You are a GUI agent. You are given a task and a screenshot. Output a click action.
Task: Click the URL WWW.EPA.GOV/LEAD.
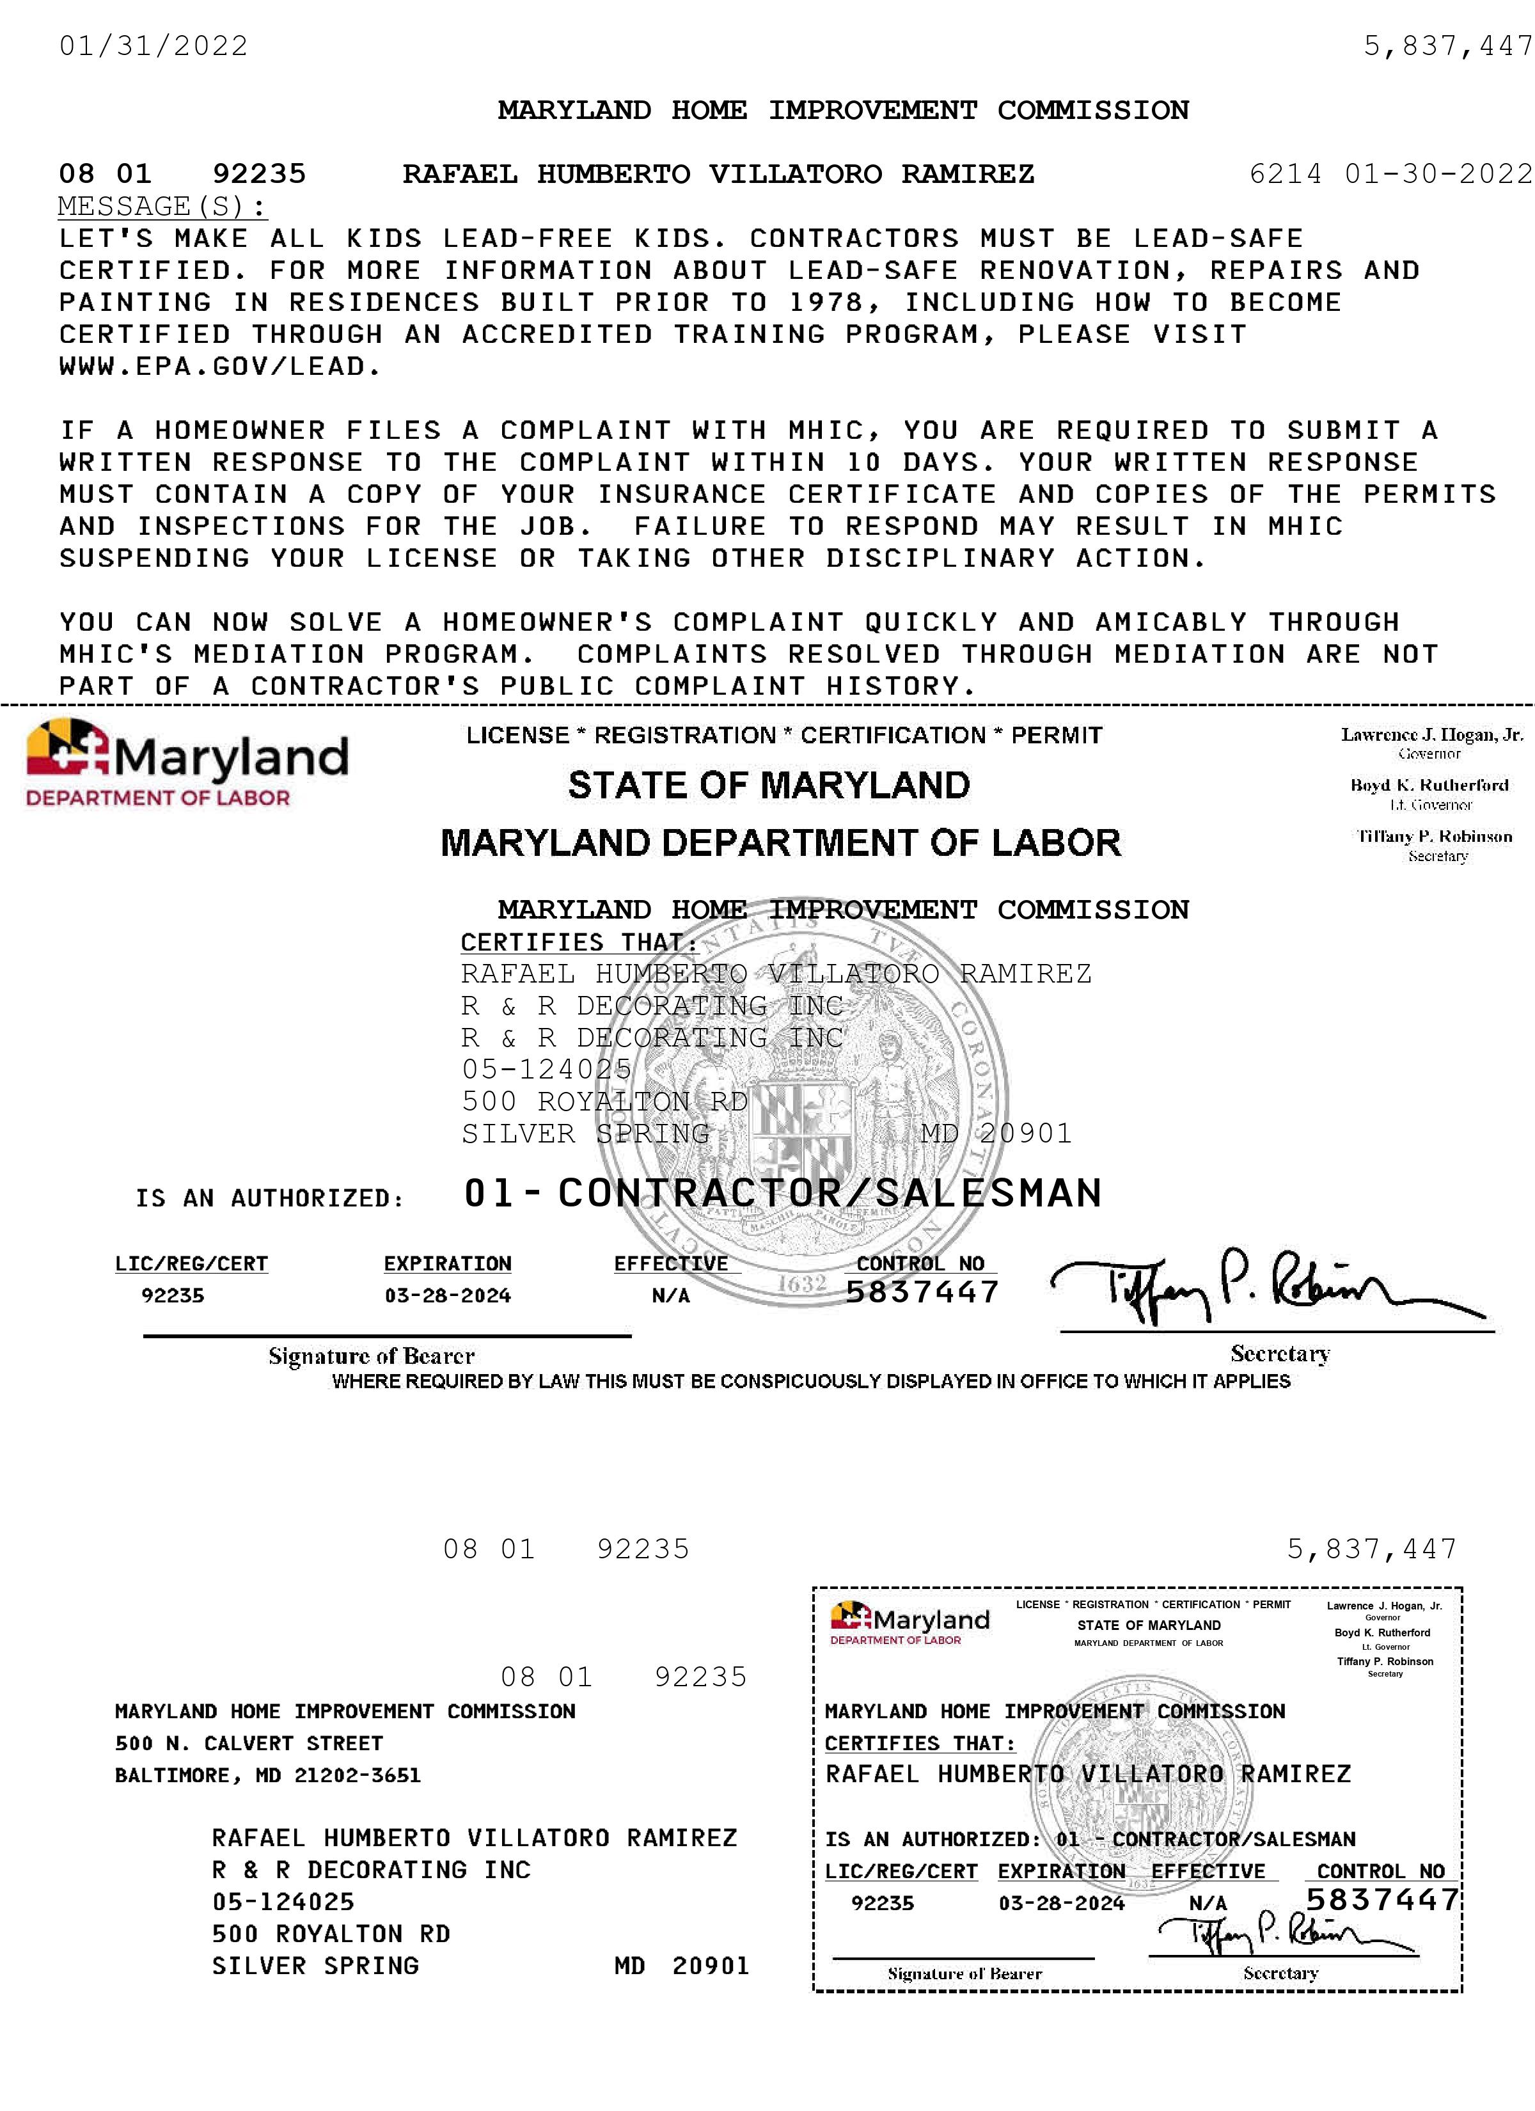219,367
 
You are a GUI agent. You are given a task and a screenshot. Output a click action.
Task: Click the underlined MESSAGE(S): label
163,206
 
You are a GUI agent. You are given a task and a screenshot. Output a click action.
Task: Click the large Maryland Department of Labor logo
186,763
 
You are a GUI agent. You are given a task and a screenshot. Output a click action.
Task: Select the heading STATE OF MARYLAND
769,786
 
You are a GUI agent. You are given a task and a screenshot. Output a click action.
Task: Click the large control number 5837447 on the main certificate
922,1292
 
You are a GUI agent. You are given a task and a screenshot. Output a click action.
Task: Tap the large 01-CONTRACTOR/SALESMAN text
782,1193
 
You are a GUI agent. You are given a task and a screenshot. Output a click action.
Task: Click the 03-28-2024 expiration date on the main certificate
448,1295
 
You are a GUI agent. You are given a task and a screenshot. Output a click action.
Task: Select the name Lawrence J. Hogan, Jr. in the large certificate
1431,734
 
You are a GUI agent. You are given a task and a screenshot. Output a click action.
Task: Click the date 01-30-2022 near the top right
1439,174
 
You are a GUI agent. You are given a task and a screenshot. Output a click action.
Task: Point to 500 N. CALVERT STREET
249,1743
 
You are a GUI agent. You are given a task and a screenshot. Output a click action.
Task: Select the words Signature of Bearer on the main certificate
372,1356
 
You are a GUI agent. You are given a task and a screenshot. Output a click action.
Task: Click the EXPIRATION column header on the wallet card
1061,1872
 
